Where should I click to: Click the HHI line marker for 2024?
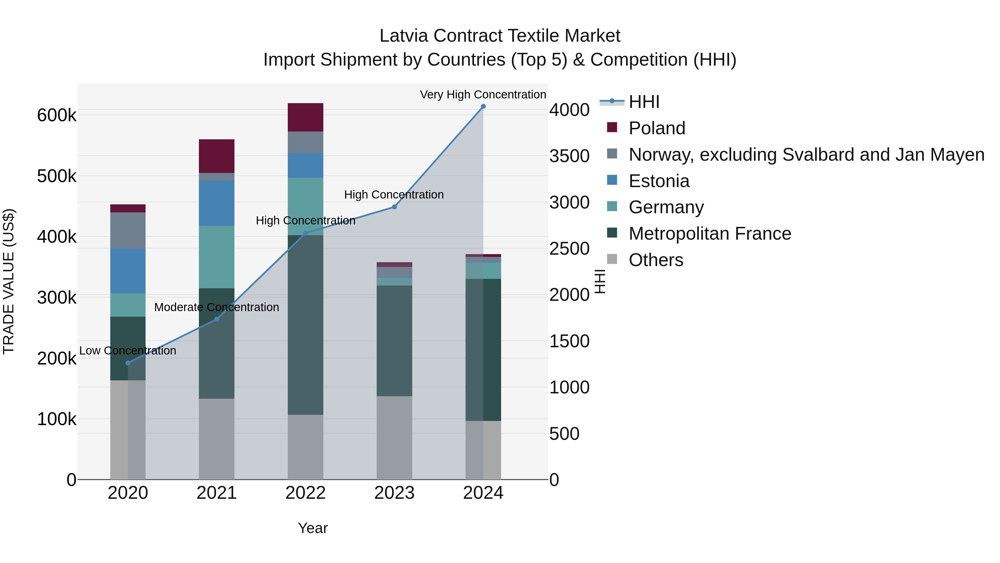click(483, 106)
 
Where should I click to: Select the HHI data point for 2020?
click(128, 363)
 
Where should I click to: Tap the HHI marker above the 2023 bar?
click(394, 207)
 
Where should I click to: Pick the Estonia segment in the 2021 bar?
click(217, 203)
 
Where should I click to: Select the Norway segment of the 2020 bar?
click(128, 230)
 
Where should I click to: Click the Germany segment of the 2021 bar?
click(217, 257)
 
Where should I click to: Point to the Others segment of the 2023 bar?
click(394, 438)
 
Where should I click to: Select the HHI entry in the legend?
click(644, 102)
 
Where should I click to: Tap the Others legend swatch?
click(612, 259)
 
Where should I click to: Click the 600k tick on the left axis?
click(57, 115)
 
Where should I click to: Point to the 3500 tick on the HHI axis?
click(569, 156)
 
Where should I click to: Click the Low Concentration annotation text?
click(128, 351)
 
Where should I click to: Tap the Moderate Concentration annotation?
click(217, 307)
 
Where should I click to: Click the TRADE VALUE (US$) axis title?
click(9, 281)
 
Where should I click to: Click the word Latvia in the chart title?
click(404, 36)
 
